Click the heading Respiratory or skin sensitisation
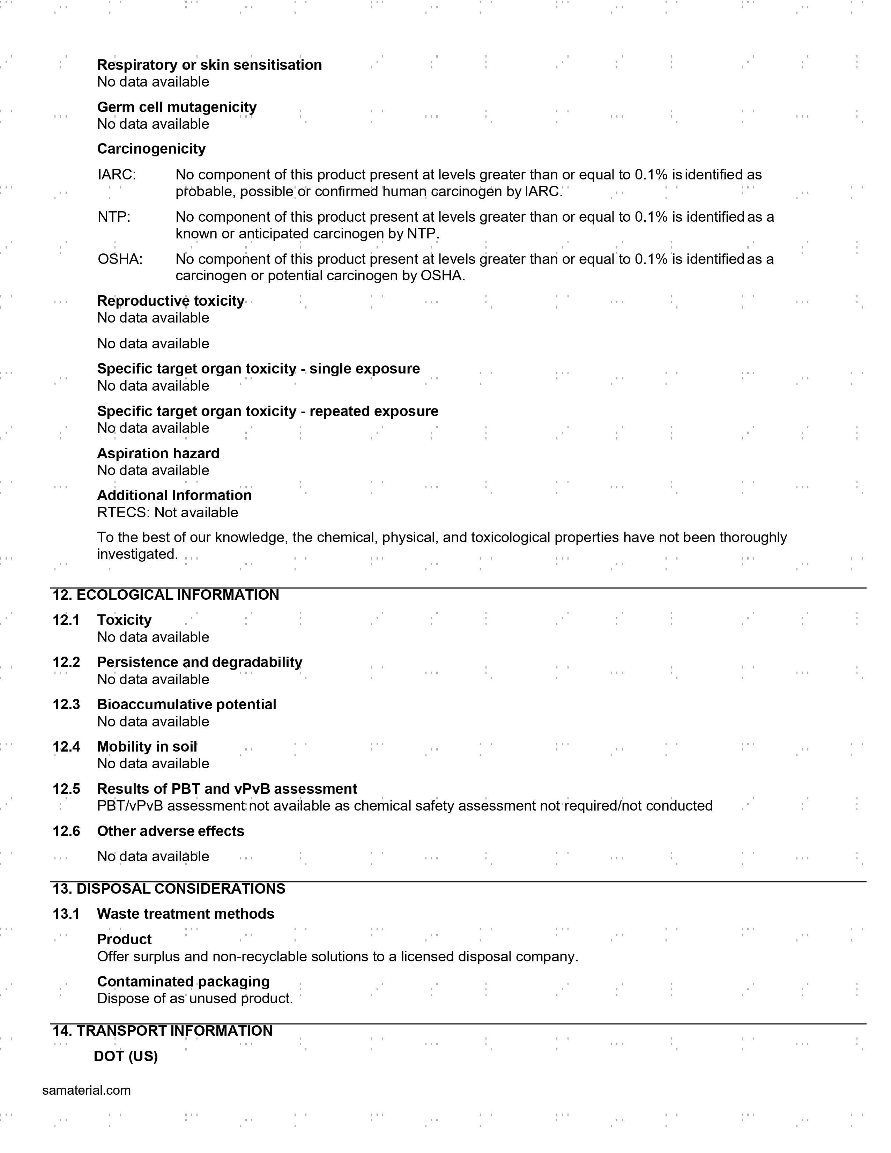pyautogui.click(x=209, y=65)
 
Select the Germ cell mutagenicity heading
pyautogui.click(x=177, y=107)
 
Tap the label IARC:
pyautogui.click(x=117, y=175)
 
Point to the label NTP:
pyautogui.click(x=114, y=217)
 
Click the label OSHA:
pyautogui.click(x=120, y=259)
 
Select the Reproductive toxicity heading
pyautogui.click(x=171, y=301)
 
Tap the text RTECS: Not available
pyautogui.click(x=167, y=513)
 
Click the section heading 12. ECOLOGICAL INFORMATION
pyautogui.click(x=166, y=595)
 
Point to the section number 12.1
pyautogui.click(x=66, y=620)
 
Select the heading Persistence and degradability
pyautogui.click(x=200, y=663)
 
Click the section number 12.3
pyautogui.click(x=66, y=705)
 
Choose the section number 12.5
pyautogui.click(x=66, y=789)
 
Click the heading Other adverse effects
pyautogui.click(x=171, y=832)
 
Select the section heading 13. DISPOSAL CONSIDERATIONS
pyautogui.click(x=169, y=889)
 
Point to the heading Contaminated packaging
pyautogui.click(x=183, y=982)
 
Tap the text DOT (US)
pyautogui.click(x=126, y=1056)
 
